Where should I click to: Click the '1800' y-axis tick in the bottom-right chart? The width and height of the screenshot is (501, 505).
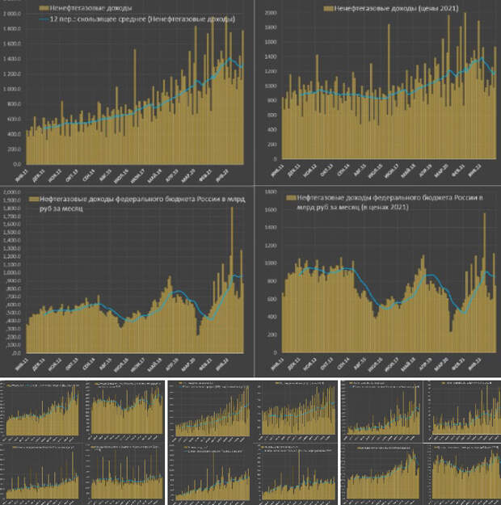[267, 192]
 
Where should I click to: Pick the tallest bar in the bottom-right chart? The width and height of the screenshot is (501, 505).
[484, 214]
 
